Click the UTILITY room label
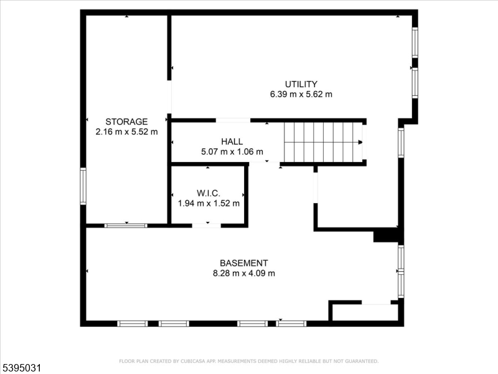coord(301,84)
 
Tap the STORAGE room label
coord(126,122)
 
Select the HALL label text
coord(232,141)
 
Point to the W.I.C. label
coord(208,193)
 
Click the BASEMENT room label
coord(244,263)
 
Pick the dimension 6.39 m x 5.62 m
coord(301,95)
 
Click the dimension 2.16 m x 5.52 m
coord(126,132)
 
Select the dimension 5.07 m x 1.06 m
coord(232,151)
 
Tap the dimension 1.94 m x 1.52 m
coord(208,203)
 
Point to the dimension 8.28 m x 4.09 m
coord(244,273)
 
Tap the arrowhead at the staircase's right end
coord(360,142)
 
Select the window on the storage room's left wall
coord(83,186)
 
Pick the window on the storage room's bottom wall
coord(125,225)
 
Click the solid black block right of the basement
coord(386,236)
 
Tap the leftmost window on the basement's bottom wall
coord(133,324)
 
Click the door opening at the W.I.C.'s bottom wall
coord(206,225)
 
